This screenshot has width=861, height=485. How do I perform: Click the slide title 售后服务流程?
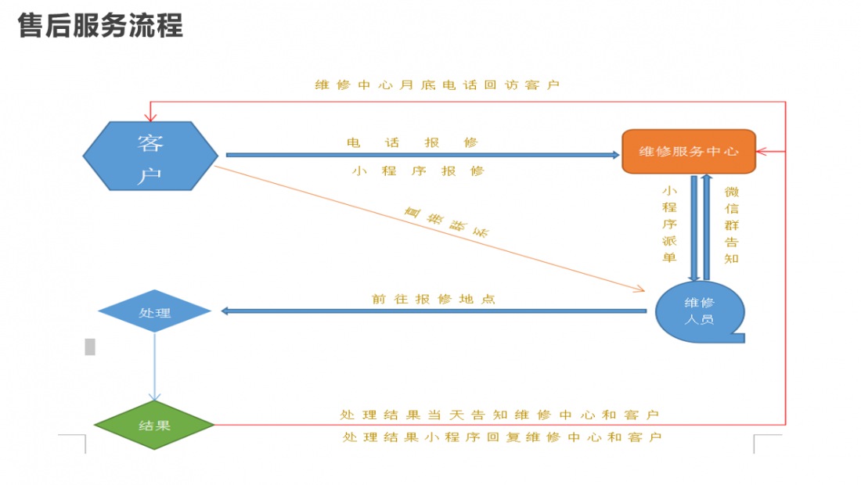(x=100, y=26)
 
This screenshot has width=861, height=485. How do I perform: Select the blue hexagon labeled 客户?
(x=150, y=156)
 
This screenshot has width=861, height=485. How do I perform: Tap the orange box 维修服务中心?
(x=689, y=151)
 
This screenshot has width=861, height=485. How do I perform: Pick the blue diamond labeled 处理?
(x=154, y=312)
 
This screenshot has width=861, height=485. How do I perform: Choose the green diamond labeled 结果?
(x=154, y=426)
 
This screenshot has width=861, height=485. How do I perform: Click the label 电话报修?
(x=412, y=142)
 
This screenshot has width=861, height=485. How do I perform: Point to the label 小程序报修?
(x=418, y=171)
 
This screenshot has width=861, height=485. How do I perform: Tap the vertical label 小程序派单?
(x=669, y=224)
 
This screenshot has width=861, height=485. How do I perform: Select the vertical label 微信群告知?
(x=731, y=224)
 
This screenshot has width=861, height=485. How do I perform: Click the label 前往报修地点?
(x=433, y=299)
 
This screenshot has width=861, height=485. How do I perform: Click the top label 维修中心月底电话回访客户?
(x=437, y=84)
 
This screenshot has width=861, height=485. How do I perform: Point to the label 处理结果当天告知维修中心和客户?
(x=499, y=414)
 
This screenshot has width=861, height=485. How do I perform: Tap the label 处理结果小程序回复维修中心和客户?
(x=502, y=436)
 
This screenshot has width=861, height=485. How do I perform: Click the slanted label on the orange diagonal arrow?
(x=446, y=222)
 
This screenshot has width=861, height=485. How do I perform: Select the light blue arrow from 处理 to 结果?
(x=154, y=368)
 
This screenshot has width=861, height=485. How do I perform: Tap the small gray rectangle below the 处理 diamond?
(x=90, y=346)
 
